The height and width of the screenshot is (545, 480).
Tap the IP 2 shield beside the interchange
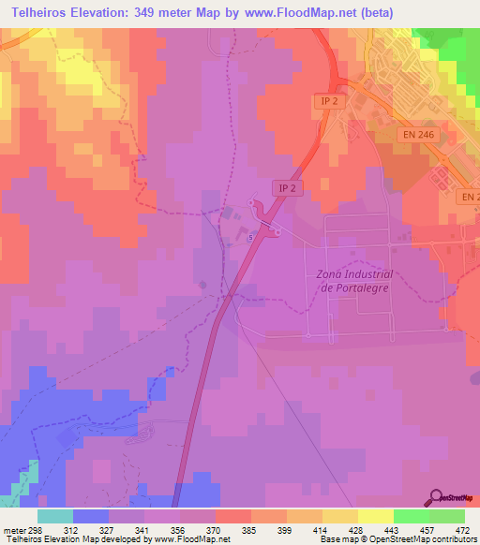[287, 188]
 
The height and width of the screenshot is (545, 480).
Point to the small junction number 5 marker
[251, 238]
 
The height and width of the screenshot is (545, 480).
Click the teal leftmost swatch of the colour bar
[54, 516]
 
